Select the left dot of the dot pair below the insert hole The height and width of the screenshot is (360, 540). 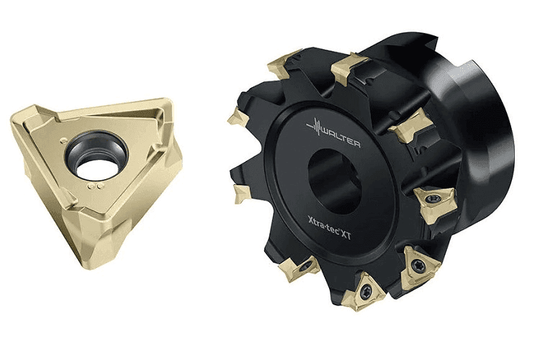click(91, 186)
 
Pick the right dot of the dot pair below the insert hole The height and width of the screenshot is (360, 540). click(100, 186)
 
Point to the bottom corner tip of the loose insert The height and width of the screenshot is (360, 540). click(86, 267)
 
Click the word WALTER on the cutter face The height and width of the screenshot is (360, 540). click(341, 137)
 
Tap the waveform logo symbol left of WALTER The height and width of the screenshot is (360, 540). click(314, 127)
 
